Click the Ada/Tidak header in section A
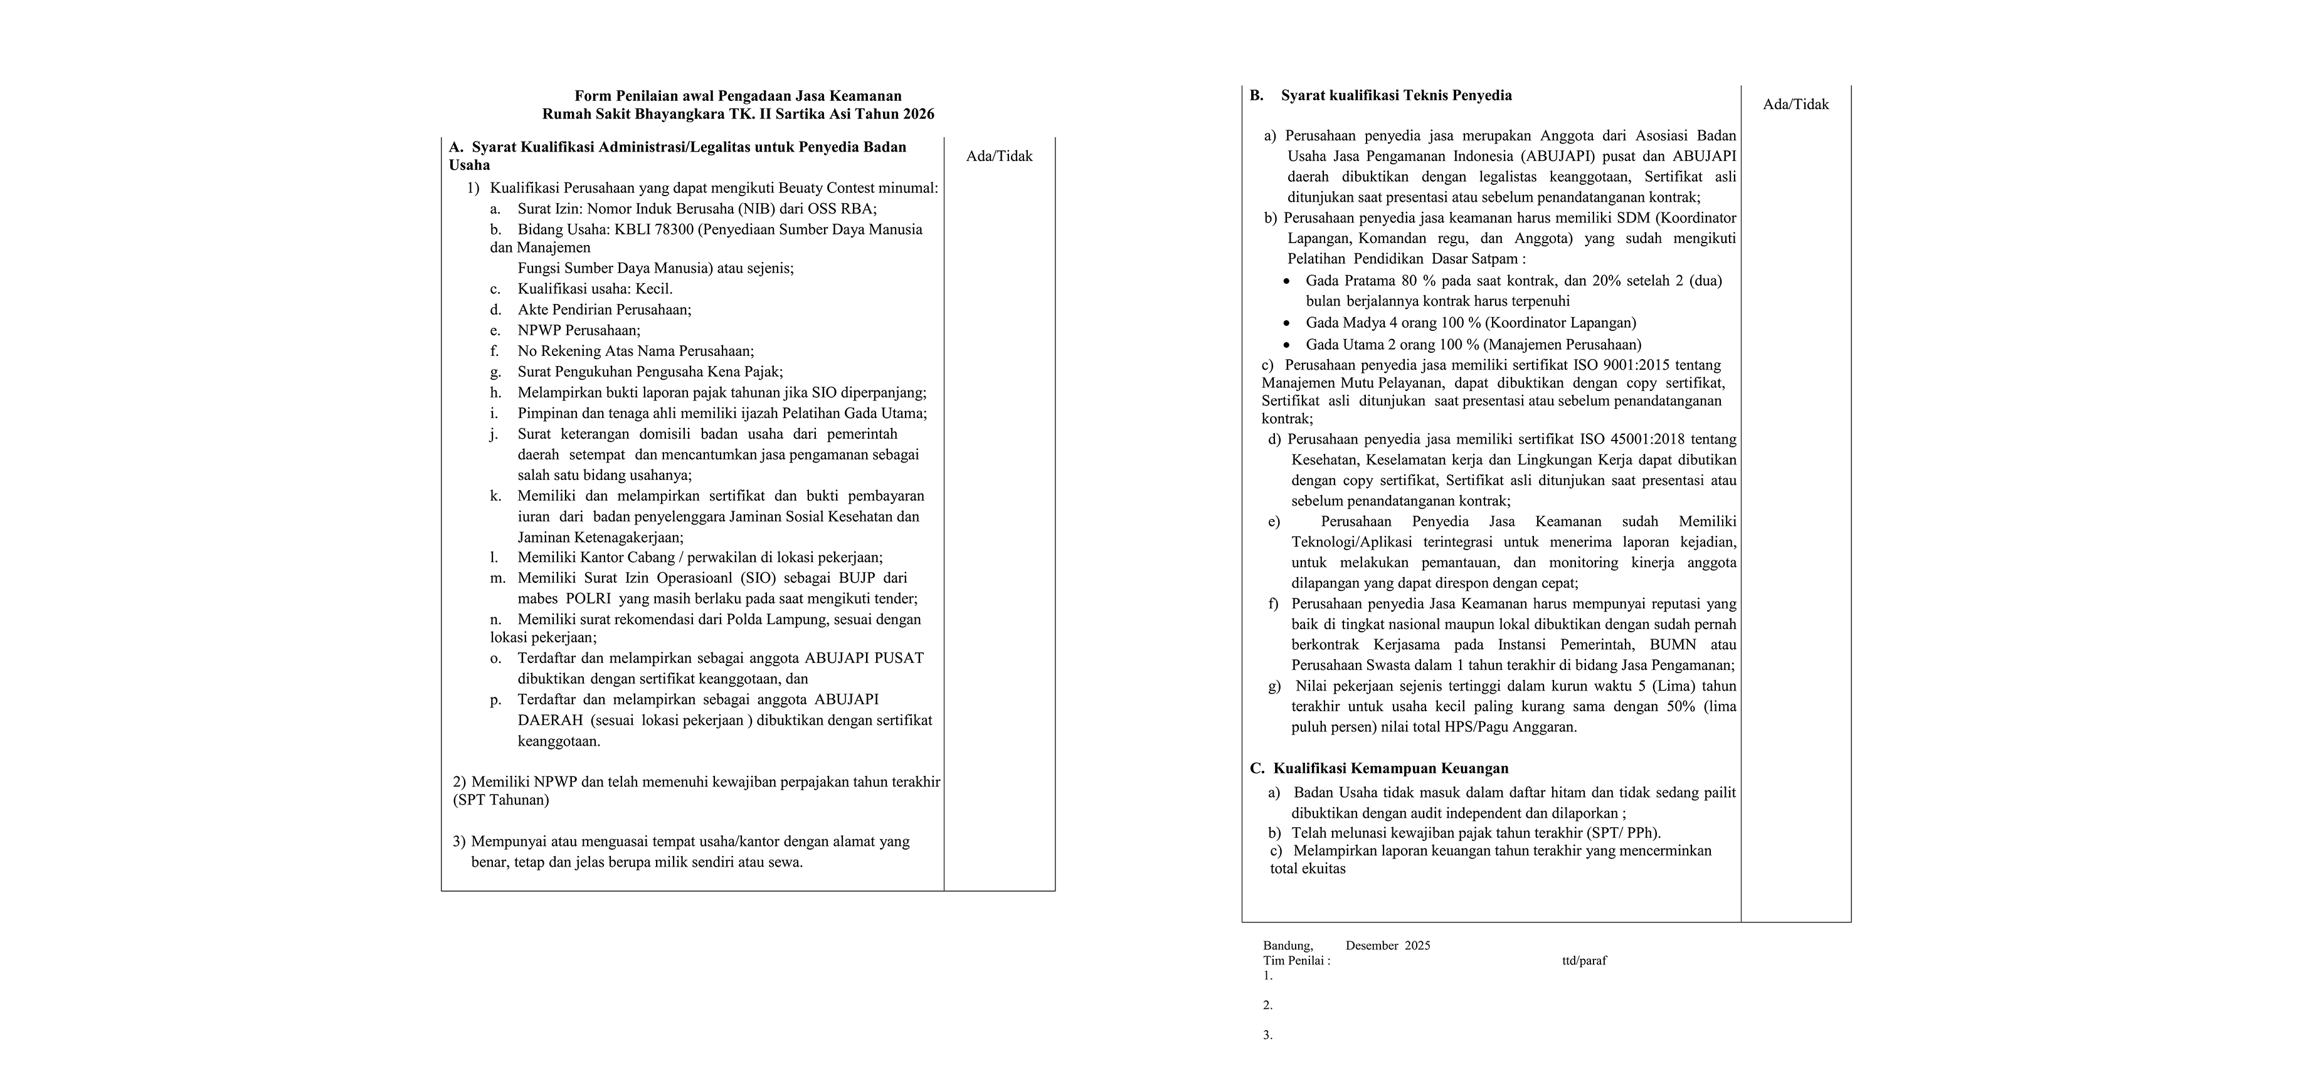(999, 157)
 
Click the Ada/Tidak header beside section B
(1795, 104)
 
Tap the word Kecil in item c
(653, 288)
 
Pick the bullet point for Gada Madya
(1288, 323)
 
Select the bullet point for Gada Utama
(1288, 344)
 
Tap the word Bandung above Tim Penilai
(1288, 946)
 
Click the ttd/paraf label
(1584, 960)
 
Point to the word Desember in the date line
(1372, 946)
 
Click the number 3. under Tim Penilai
(1267, 1035)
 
